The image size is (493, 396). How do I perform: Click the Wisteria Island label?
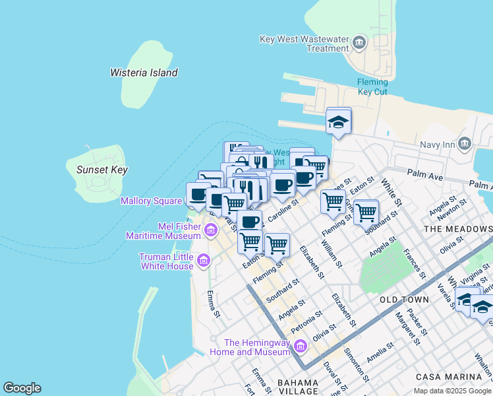144,73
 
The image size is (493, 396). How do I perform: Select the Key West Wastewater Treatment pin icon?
359,44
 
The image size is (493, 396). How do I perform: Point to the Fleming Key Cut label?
372,87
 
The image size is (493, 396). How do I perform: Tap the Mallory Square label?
151,201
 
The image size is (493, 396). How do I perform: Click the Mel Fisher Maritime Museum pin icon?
211,230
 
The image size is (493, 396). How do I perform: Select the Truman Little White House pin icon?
203,261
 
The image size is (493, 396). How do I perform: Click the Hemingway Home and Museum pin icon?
300,346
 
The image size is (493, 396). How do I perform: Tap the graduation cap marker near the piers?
339,121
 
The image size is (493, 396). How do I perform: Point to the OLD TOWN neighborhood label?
405,300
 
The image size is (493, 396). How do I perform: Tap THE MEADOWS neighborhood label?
458,228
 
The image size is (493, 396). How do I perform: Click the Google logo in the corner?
22,388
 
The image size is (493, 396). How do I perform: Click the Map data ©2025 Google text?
453,391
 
